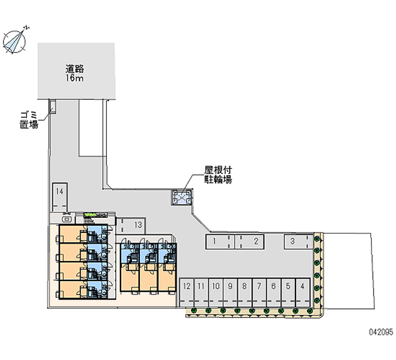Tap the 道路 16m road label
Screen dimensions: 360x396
pos(76,73)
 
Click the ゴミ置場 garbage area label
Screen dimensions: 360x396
pos(29,120)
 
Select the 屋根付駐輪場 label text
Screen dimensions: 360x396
pos(218,175)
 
